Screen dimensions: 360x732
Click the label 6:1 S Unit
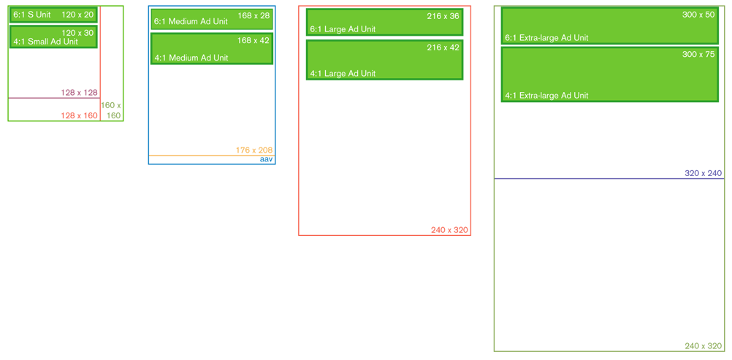click(x=31, y=15)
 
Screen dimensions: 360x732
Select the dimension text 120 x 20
click(x=79, y=15)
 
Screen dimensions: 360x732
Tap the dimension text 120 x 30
click(x=78, y=33)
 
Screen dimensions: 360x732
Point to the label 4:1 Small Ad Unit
click(x=45, y=42)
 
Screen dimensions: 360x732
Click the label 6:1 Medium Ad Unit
click(x=191, y=22)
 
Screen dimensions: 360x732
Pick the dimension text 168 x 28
click(x=253, y=15)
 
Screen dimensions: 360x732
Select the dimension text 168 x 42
click(x=253, y=40)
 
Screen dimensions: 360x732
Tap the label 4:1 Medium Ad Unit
click(x=191, y=58)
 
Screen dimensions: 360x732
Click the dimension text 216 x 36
click(x=443, y=15)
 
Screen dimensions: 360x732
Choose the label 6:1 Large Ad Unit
click(x=343, y=29)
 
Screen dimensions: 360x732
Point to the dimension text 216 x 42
click(x=443, y=47)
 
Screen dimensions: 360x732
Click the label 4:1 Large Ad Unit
click(x=343, y=73)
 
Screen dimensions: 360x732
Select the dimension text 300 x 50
click(x=698, y=15)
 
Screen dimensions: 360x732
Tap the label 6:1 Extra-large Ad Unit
click(x=546, y=37)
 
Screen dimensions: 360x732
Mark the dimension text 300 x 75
click(x=698, y=54)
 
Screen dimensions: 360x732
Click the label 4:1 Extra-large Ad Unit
click(x=546, y=96)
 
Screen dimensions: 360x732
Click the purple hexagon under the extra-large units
click(x=606, y=201)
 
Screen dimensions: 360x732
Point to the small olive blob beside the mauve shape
click(x=112, y=107)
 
